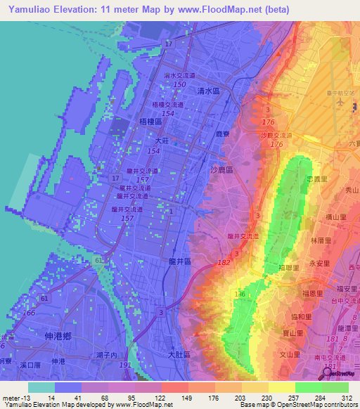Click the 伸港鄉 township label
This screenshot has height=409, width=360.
[x=58, y=336]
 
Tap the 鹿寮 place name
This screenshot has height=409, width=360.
[x=222, y=132]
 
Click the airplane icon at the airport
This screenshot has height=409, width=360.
[x=342, y=102]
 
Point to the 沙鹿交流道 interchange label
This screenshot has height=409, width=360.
[x=275, y=135]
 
